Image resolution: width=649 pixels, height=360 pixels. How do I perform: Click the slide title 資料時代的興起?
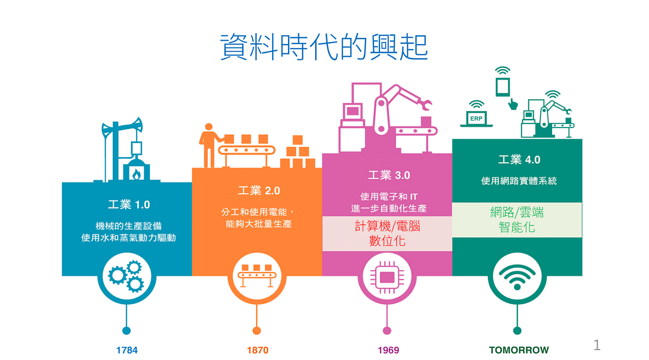pyautogui.click(x=324, y=46)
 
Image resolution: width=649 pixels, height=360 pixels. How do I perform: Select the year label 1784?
pyautogui.click(x=127, y=350)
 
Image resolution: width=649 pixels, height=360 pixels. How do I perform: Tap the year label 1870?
pyautogui.click(x=257, y=350)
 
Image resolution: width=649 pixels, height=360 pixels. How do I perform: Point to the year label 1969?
pyautogui.click(x=388, y=350)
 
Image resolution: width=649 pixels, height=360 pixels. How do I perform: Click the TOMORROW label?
pyautogui.click(x=519, y=350)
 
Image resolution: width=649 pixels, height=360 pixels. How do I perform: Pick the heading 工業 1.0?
pyautogui.click(x=129, y=205)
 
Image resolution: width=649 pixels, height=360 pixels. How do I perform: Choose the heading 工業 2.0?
pyautogui.click(x=259, y=190)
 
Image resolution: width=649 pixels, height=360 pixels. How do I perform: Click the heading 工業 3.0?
pyautogui.click(x=389, y=175)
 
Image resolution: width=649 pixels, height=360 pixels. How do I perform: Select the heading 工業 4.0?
pyautogui.click(x=519, y=160)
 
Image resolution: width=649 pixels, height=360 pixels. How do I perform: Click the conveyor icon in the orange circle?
pyautogui.click(x=257, y=276)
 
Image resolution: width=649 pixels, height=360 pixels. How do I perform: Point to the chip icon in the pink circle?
pyautogui.click(x=387, y=276)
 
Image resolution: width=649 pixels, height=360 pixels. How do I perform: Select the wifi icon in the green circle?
pyautogui.click(x=517, y=276)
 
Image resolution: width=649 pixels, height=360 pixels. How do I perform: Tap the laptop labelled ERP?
pyautogui.click(x=476, y=119)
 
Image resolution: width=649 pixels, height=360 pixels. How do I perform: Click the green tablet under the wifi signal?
pyautogui.click(x=503, y=87)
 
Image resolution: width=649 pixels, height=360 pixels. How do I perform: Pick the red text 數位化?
pyautogui.click(x=387, y=241)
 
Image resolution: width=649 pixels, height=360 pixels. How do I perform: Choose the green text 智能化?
pyautogui.click(x=517, y=227)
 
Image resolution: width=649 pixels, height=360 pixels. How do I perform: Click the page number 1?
pyautogui.click(x=597, y=345)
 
